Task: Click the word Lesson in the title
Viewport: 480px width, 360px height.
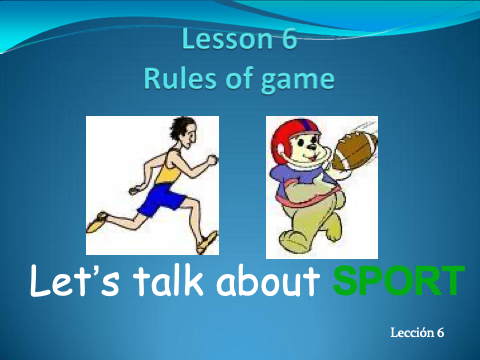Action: point(228,39)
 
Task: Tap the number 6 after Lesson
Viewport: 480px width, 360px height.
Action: point(289,39)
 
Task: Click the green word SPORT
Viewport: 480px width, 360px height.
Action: point(399,281)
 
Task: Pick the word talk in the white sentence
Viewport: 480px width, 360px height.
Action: point(168,280)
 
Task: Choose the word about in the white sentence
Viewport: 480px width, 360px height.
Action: point(268,280)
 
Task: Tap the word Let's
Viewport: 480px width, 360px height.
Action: point(74,280)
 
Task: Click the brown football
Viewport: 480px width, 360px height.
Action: point(354,151)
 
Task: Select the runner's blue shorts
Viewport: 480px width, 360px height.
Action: point(161,200)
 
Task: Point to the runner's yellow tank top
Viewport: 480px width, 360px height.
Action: point(169,168)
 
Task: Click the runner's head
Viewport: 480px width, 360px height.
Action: point(184,132)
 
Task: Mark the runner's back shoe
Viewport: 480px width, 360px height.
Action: point(97,222)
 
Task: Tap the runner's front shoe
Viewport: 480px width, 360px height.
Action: point(207,242)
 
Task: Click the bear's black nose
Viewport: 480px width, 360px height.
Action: point(312,146)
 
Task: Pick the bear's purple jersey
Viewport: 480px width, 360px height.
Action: point(300,183)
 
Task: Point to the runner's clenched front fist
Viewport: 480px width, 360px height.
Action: point(212,160)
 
